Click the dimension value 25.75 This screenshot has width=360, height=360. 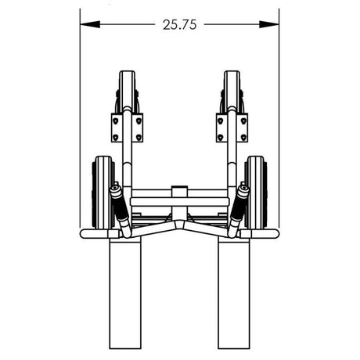179,24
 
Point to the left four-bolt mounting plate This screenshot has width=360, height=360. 127,128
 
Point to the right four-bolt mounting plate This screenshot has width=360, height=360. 232,128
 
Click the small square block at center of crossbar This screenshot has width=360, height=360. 179,191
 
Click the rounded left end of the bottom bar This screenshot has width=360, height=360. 83,234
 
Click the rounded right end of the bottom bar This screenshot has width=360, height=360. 276,234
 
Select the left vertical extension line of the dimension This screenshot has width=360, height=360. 80,117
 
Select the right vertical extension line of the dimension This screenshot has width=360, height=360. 279,117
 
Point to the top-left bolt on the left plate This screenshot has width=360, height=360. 116,119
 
